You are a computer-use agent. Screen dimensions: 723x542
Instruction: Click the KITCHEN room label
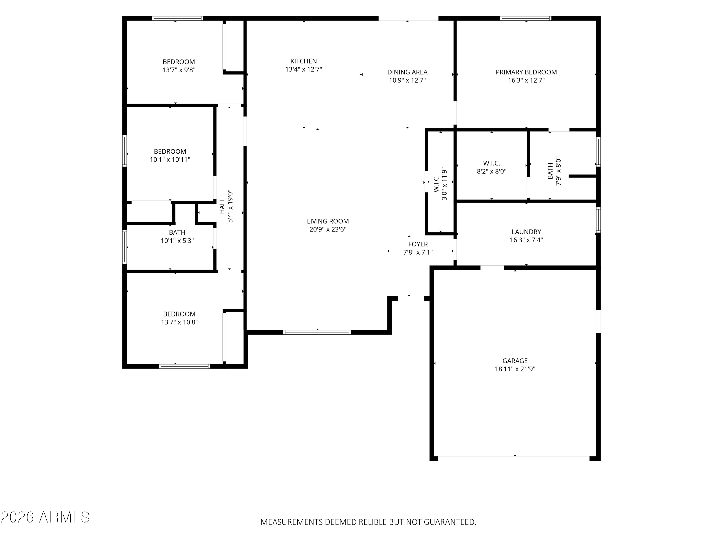click(303, 61)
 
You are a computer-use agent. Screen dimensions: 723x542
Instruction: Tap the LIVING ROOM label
click(328, 221)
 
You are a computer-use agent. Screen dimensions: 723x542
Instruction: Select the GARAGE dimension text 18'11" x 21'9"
click(515, 369)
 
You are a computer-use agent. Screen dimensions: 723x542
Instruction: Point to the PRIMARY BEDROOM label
click(526, 72)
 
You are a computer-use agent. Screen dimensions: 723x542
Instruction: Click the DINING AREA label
click(407, 72)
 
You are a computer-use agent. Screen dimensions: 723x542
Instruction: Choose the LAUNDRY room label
click(526, 232)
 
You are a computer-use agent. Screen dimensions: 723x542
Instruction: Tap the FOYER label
click(418, 244)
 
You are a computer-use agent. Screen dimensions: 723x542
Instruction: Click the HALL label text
click(222, 206)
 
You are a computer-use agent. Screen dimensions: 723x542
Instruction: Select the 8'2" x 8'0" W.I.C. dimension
click(492, 171)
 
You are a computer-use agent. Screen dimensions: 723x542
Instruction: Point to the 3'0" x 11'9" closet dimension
click(444, 184)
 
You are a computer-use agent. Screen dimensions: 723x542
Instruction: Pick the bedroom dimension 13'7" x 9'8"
click(179, 70)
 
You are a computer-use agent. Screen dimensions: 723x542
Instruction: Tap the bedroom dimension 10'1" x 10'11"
click(170, 160)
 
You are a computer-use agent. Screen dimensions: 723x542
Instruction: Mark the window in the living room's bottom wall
click(317, 332)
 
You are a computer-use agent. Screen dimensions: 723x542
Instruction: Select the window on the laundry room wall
click(598, 220)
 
